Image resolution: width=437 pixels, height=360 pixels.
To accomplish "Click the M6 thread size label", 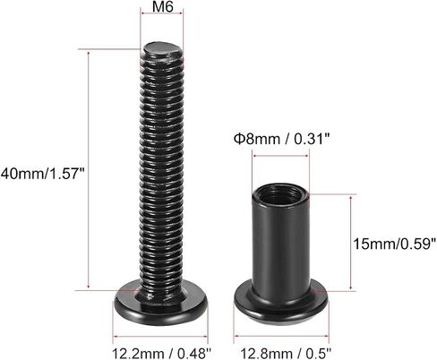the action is (x=162, y=6).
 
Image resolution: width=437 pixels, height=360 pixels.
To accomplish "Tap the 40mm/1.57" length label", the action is (x=43, y=174).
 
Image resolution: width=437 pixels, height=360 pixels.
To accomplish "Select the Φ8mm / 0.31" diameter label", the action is (x=282, y=139).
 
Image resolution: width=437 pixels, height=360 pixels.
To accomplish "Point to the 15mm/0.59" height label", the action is (x=395, y=244).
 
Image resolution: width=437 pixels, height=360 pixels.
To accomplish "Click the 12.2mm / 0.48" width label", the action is (x=161, y=354).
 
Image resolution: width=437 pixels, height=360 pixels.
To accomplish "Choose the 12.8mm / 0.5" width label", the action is (x=286, y=354).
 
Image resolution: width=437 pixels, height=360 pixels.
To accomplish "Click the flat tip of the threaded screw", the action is (x=161, y=50).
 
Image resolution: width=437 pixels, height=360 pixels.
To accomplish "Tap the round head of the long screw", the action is (x=160, y=304).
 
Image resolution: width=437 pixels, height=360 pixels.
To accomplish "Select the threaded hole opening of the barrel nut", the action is (x=279, y=195).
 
